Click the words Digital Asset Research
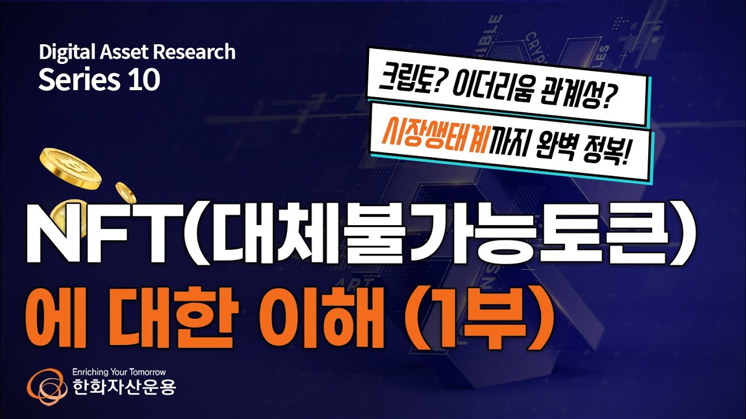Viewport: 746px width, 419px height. (x=137, y=52)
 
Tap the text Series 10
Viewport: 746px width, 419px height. (x=99, y=80)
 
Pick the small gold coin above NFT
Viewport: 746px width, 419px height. (x=125, y=191)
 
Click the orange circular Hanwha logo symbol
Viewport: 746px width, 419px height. (x=46, y=385)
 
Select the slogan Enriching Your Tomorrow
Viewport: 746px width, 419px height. (x=119, y=371)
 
